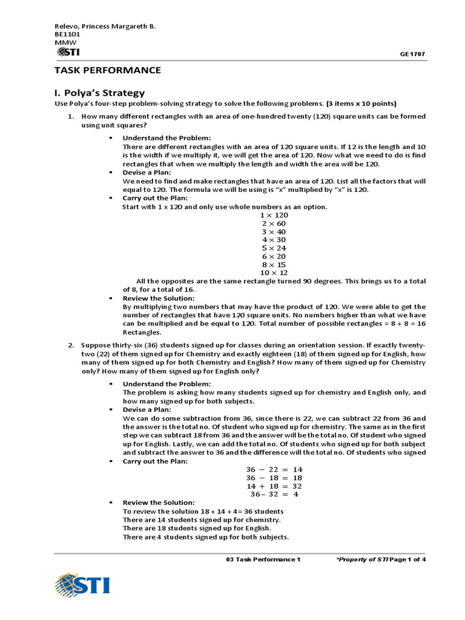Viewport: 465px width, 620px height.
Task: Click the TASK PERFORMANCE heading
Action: click(108, 70)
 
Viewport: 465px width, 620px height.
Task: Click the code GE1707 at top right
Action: click(412, 54)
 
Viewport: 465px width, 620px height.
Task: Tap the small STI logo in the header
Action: click(67, 52)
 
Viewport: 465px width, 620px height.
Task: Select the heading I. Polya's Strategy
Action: click(100, 93)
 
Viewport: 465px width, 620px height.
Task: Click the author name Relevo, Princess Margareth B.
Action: click(105, 27)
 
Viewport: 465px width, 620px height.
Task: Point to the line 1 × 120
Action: click(274, 215)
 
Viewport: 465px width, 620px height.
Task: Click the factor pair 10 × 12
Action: click(274, 272)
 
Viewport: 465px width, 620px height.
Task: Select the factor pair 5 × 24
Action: click(274, 248)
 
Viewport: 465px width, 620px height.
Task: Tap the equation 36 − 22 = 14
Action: click(274, 469)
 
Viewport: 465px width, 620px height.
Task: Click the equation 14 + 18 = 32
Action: click(274, 486)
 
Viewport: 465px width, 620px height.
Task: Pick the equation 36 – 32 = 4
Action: click(274, 494)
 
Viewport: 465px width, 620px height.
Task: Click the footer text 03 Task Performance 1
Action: click(263, 559)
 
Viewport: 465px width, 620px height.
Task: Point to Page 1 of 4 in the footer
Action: click(408, 559)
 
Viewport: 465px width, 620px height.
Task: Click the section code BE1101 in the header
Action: click(67, 35)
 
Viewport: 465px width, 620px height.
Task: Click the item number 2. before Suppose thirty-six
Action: click(71, 345)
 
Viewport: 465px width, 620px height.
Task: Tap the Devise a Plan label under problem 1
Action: click(142, 173)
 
